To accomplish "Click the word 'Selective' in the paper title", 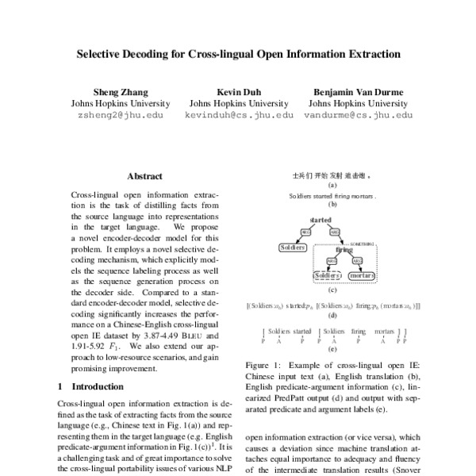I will [100, 56].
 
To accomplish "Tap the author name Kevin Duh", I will [237, 91].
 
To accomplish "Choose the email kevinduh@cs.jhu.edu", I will [237, 115].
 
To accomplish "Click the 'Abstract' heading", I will [144, 177].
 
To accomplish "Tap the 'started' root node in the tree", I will [320, 219].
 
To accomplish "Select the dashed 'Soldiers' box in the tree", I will [326, 275].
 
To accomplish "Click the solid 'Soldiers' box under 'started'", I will [293, 248].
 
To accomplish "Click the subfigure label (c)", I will [332, 291].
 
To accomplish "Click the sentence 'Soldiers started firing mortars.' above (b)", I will [332, 194].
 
